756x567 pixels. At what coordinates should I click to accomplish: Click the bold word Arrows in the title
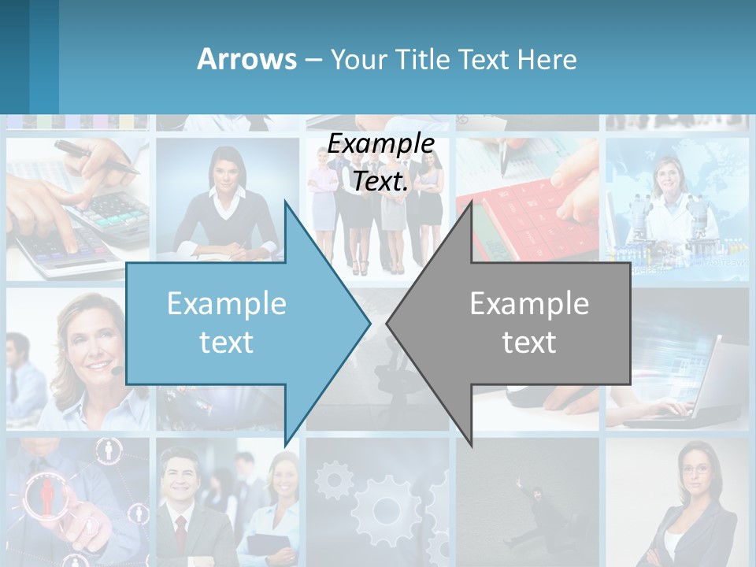pos(246,59)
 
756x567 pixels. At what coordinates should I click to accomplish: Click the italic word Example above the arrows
pos(381,143)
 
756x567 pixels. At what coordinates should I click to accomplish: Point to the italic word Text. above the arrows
pos(381,181)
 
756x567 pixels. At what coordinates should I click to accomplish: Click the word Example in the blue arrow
pos(227,304)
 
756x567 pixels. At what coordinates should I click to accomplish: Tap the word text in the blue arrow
pos(227,342)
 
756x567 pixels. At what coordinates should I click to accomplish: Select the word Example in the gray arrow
pos(529,304)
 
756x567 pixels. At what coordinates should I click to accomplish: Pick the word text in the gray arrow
pos(529,342)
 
